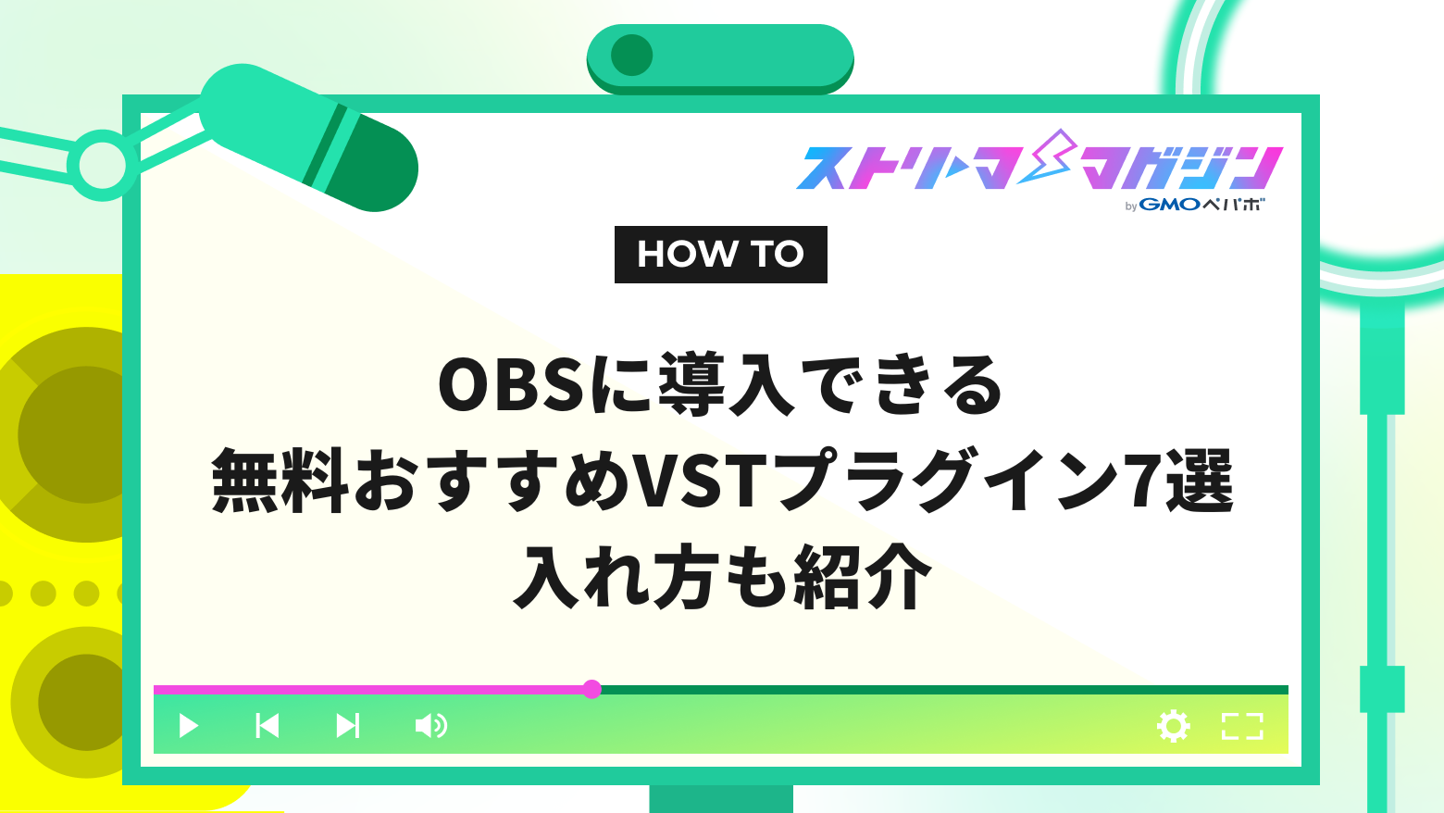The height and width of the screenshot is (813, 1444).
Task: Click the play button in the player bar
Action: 188,725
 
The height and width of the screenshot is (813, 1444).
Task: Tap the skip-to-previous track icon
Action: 268,725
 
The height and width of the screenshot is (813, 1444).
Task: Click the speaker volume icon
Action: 430,725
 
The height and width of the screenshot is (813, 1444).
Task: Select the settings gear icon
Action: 1173,726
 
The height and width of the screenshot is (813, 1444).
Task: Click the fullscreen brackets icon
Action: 1242,726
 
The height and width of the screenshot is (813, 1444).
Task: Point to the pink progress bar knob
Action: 592,689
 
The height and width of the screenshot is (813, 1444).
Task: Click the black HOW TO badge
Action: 720,255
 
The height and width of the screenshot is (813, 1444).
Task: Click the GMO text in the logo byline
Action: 1170,205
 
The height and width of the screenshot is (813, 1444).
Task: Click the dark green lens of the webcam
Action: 632,56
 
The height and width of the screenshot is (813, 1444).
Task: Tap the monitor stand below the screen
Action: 720,798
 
